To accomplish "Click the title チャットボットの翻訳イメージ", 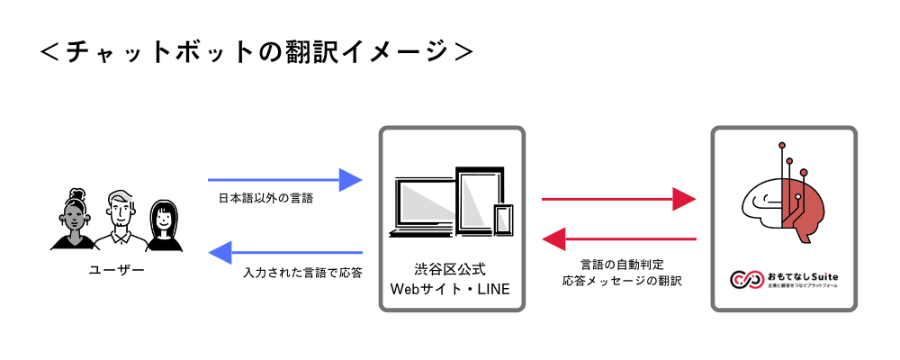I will pos(257,51).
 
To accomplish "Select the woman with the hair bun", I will pos(73,221).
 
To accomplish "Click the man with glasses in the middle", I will pos(119,220).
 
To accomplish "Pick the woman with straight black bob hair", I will pos(164,225).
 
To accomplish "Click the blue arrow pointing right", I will pos(284,180).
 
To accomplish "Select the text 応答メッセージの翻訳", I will pos(621,281).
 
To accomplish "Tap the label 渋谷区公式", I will pos(450,269).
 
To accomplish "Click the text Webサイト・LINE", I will pos(450,289).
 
